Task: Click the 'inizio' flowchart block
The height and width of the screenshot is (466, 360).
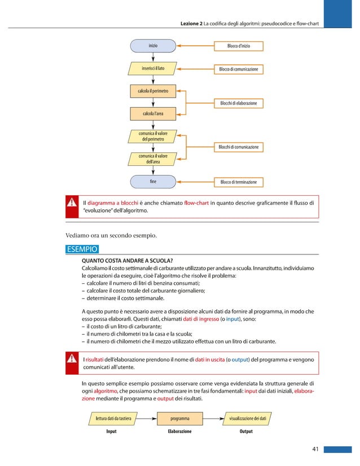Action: (153, 45)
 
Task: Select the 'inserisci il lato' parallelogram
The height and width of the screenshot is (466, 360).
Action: (153, 69)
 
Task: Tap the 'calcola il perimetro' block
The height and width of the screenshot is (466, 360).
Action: (153, 90)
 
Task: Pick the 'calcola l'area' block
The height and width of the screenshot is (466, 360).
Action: (153, 114)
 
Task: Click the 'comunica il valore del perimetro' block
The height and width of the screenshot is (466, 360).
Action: (153, 136)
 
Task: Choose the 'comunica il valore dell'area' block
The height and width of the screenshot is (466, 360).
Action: (153, 159)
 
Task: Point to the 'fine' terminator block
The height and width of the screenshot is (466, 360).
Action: (153, 182)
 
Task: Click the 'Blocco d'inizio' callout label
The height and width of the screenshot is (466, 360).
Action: (238, 45)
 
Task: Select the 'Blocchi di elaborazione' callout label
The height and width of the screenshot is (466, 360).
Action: (238, 103)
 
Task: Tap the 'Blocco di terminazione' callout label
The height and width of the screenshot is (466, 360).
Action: (238, 182)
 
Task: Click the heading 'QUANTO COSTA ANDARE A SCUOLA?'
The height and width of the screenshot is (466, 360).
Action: (127, 260)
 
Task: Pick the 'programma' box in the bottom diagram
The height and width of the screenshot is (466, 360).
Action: (180, 419)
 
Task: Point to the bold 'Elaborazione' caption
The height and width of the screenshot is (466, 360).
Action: (179, 432)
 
